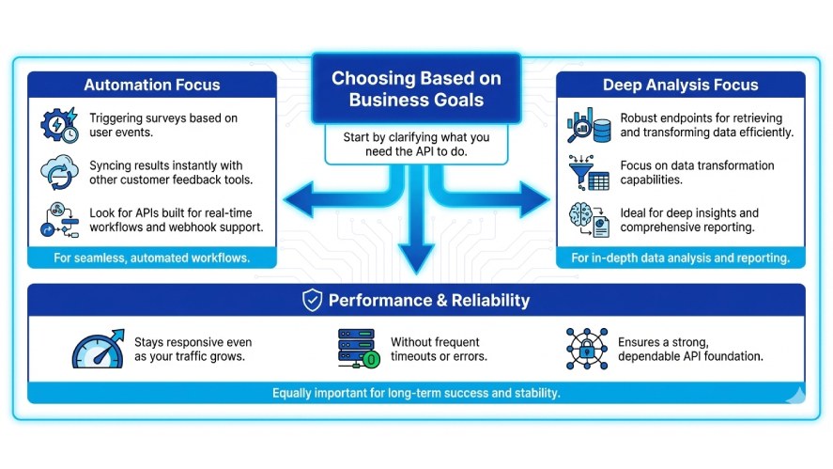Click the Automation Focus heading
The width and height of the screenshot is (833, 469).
coord(152,86)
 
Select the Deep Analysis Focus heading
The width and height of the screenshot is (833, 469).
coord(680,86)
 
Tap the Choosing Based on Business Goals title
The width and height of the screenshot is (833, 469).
coord(416,89)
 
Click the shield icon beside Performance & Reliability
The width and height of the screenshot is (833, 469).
coord(312,301)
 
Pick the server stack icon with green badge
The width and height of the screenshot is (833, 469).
coord(358,349)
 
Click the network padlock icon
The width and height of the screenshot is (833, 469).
coord(587,348)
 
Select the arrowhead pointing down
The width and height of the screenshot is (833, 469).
coord(416,255)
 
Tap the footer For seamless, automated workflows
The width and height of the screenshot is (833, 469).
coord(152,258)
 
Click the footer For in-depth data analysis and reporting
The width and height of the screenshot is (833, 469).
coord(680,258)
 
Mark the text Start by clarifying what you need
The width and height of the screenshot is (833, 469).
coord(416,145)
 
